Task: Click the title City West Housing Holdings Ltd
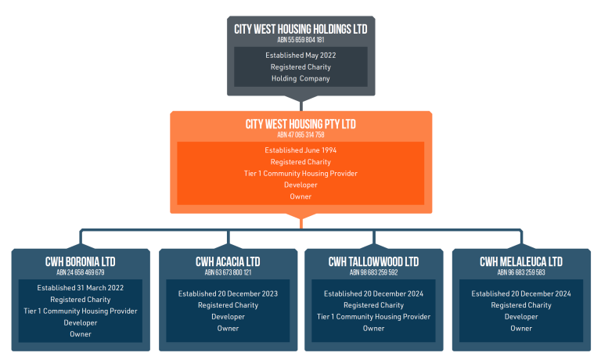(x=300, y=29)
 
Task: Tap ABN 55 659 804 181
(x=300, y=40)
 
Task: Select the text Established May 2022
(x=300, y=56)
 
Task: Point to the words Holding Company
(x=300, y=78)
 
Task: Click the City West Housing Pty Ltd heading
(x=300, y=124)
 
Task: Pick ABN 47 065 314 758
(x=300, y=135)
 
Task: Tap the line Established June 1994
(x=300, y=150)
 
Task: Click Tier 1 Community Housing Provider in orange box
(x=300, y=173)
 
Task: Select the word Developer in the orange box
(x=300, y=185)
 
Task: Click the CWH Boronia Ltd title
(x=81, y=262)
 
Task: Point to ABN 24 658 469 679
(x=81, y=272)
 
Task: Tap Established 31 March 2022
(x=81, y=288)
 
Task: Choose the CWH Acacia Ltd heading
(x=228, y=262)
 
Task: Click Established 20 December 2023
(x=228, y=293)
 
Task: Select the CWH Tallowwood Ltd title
(x=374, y=262)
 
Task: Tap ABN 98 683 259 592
(x=374, y=272)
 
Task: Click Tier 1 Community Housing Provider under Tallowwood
(x=374, y=317)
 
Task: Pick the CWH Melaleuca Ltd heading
(x=521, y=262)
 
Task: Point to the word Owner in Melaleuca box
(x=521, y=328)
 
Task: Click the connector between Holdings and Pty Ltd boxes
(x=301, y=103)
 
